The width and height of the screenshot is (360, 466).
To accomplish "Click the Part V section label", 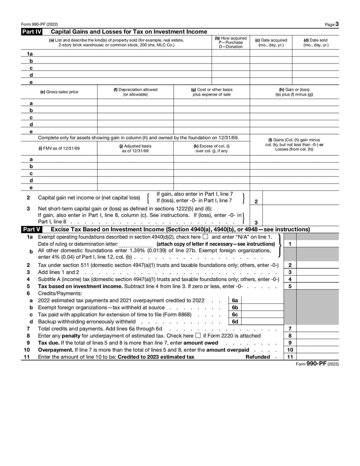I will point(31,229).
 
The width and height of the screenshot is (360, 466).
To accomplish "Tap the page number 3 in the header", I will point(337,24).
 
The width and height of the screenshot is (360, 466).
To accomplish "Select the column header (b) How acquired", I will point(230,42).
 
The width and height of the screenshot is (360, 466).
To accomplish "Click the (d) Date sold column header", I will point(315,42).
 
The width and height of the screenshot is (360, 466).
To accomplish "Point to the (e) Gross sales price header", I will point(59,92).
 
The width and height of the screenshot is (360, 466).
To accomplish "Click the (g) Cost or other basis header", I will point(211,92).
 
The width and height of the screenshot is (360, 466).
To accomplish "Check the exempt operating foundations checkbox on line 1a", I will point(205,237).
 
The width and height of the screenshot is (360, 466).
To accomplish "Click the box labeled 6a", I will point(235,300).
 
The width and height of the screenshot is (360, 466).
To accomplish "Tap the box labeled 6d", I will point(235,321).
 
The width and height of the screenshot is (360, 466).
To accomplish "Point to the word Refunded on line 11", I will point(258,357).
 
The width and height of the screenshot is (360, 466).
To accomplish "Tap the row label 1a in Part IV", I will point(30,54).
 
